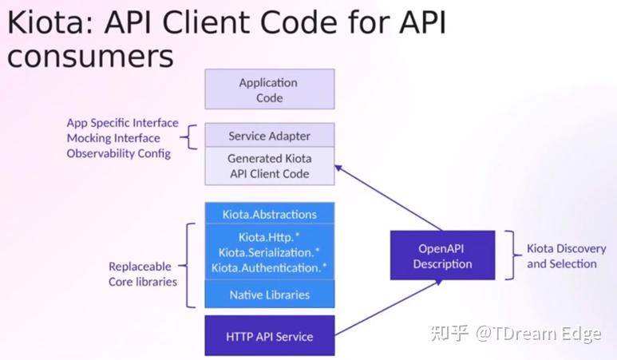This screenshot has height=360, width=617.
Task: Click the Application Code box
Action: (x=270, y=89)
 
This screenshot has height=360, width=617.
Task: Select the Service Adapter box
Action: (x=270, y=135)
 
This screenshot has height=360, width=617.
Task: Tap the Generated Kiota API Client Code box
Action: (x=270, y=166)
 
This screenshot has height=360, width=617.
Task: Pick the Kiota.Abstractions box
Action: (x=270, y=213)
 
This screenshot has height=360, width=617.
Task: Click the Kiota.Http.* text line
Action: (x=269, y=237)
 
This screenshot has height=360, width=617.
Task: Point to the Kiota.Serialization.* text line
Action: (x=269, y=252)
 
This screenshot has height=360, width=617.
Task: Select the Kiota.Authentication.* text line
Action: (x=269, y=267)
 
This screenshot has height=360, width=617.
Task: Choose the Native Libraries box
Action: (x=270, y=294)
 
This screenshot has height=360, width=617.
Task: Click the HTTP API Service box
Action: (x=270, y=335)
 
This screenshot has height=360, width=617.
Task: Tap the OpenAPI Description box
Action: (x=443, y=255)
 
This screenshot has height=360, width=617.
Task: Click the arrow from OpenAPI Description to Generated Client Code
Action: (x=389, y=198)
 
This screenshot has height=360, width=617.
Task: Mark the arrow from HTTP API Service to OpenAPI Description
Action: (x=389, y=307)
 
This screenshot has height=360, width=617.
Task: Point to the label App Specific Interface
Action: (x=122, y=123)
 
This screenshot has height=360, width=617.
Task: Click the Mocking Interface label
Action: (x=113, y=138)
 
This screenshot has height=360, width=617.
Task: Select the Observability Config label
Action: (x=118, y=153)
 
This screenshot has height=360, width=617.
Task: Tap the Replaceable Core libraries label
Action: (x=142, y=274)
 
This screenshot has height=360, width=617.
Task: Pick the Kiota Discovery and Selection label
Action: (x=566, y=255)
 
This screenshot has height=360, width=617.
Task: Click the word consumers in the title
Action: (x=90, y=56)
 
